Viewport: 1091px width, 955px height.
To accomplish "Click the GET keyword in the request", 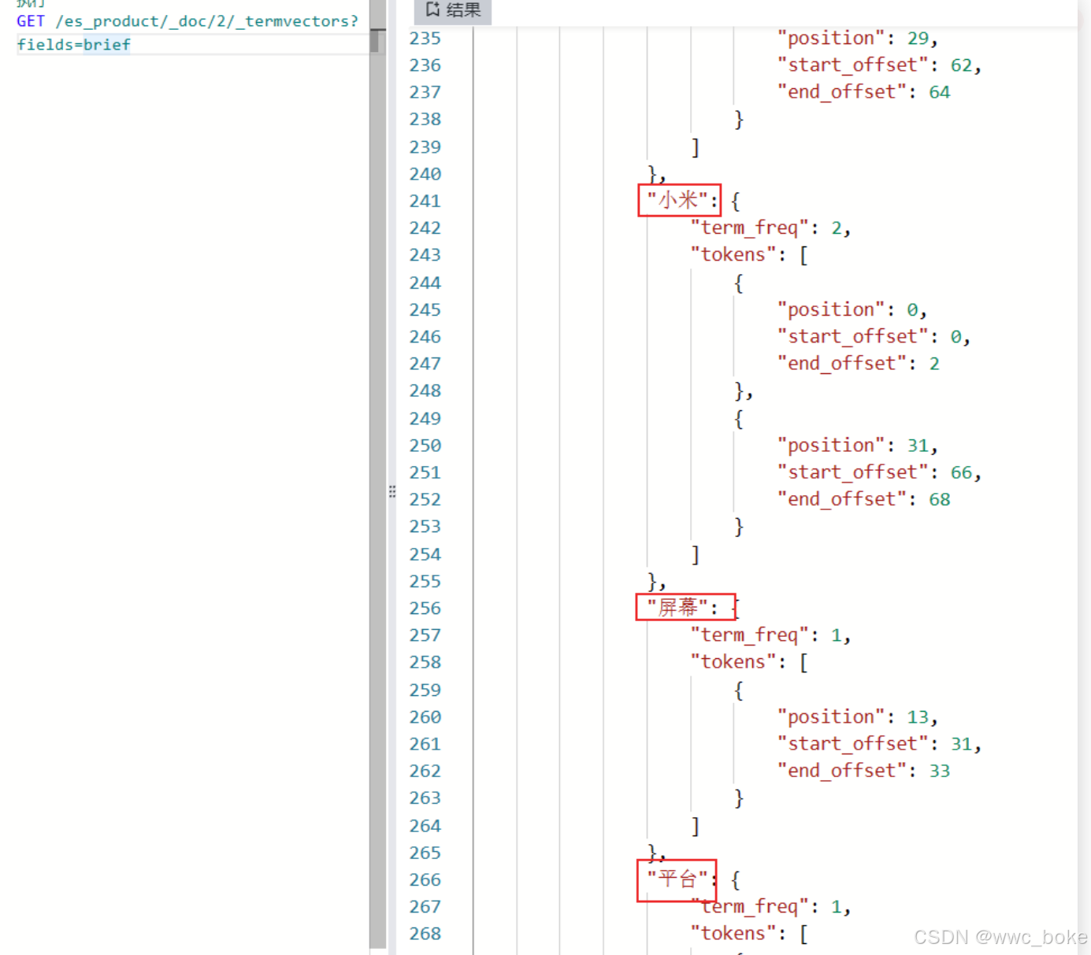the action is [x=30, y=21].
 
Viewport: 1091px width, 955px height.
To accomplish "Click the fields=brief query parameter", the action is [x=73, y=45].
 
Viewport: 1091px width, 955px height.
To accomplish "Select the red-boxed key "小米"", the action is [x=678, y=200].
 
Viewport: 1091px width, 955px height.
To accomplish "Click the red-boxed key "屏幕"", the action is [x=678, y=607].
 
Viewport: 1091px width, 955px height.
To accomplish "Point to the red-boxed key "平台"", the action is [x=677, y=879].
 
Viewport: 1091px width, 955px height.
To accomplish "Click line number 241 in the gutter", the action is [x=425, y=201].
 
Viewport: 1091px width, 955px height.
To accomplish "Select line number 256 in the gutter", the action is [x=425, y=608].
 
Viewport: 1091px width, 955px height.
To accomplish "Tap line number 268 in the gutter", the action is [x=425, y=934].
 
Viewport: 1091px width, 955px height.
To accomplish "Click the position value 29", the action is [x=917, y=38].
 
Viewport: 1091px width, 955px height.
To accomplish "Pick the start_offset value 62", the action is [x=960, y=65].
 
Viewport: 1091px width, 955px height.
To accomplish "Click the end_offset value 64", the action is [x=939, y=92].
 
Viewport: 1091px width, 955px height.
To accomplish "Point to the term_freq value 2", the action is [x=837, y=228].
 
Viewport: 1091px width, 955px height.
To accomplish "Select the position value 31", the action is [x=917, y=446].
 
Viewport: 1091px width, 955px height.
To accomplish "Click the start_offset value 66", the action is [x=960, y=472].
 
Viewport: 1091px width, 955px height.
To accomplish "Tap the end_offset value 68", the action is [x=939, y=499].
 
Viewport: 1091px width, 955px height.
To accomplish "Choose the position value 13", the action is [x=917, y=716].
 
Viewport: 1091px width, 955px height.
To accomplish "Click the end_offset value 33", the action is [x=939, y=771].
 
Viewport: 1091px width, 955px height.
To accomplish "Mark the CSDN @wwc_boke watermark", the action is [x=1000, y=937].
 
